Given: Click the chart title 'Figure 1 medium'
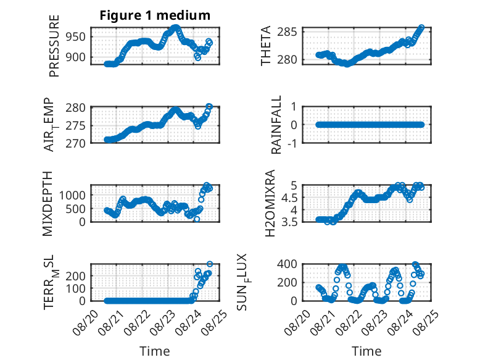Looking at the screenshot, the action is [155, 15].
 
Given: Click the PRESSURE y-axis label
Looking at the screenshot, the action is [54, 46].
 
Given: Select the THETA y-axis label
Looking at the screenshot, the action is [266, 46].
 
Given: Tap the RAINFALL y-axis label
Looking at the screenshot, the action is [276, 125].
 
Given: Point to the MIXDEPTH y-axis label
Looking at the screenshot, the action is [48, 204].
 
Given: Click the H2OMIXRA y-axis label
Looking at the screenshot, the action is [270, 203].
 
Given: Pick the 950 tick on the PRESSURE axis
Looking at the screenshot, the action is [76, 37].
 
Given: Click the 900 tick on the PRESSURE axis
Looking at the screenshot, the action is [76, 57].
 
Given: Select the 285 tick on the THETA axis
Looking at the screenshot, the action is [287, 31].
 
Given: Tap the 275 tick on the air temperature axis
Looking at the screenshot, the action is [76, 126].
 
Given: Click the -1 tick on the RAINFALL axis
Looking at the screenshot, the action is [292, 143].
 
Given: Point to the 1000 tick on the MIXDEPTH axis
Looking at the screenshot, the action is [72, 195].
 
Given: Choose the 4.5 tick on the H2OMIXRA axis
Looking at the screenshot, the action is [289, 198].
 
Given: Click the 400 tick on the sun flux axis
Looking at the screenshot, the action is [287, 264].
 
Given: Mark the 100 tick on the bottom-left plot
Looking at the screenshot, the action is [76, 288].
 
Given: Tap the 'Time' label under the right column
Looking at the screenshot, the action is [366, 351].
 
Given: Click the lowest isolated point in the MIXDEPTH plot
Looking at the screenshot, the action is [197, 219].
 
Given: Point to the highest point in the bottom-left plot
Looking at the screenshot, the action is [210, 264].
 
